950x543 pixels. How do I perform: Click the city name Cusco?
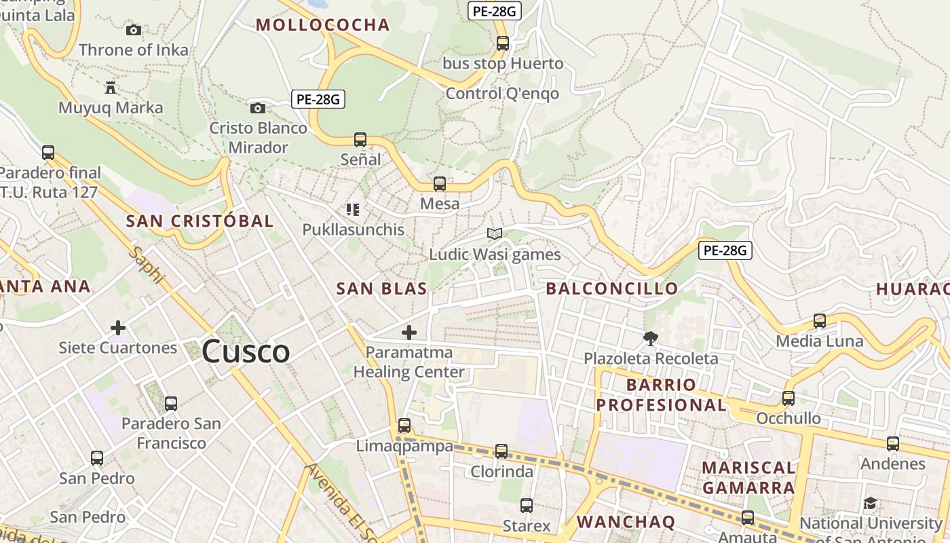coord(246,352)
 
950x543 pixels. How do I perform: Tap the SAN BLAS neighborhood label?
coord(382,288)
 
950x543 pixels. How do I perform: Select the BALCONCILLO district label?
coord(612,288)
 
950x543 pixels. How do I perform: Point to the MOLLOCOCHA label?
coord(323,25)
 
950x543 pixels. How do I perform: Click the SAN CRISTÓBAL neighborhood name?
coord(200,221)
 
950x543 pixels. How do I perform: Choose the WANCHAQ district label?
coord(626,521)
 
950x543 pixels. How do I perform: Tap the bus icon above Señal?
coord(360,140)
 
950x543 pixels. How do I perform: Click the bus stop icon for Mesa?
coord(440,184)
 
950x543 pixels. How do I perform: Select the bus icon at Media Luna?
coord(820,321)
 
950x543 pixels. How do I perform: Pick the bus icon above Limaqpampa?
coord(404,426)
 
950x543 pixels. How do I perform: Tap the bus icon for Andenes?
coord(893,444)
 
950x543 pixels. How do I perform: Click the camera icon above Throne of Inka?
coord(134,30)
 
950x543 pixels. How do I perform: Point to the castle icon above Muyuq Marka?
coord(111,87)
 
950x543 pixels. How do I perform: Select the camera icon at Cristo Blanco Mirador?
coord(258,108)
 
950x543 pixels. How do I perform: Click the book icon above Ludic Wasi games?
coord(495,234)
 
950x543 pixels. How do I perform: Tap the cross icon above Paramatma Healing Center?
coord(409,333)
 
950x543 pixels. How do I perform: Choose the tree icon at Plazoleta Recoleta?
coord(651,338)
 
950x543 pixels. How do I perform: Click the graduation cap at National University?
coord(870,503)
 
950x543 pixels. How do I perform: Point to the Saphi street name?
coord(147,265)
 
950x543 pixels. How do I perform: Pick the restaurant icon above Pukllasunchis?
coord(353,210)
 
